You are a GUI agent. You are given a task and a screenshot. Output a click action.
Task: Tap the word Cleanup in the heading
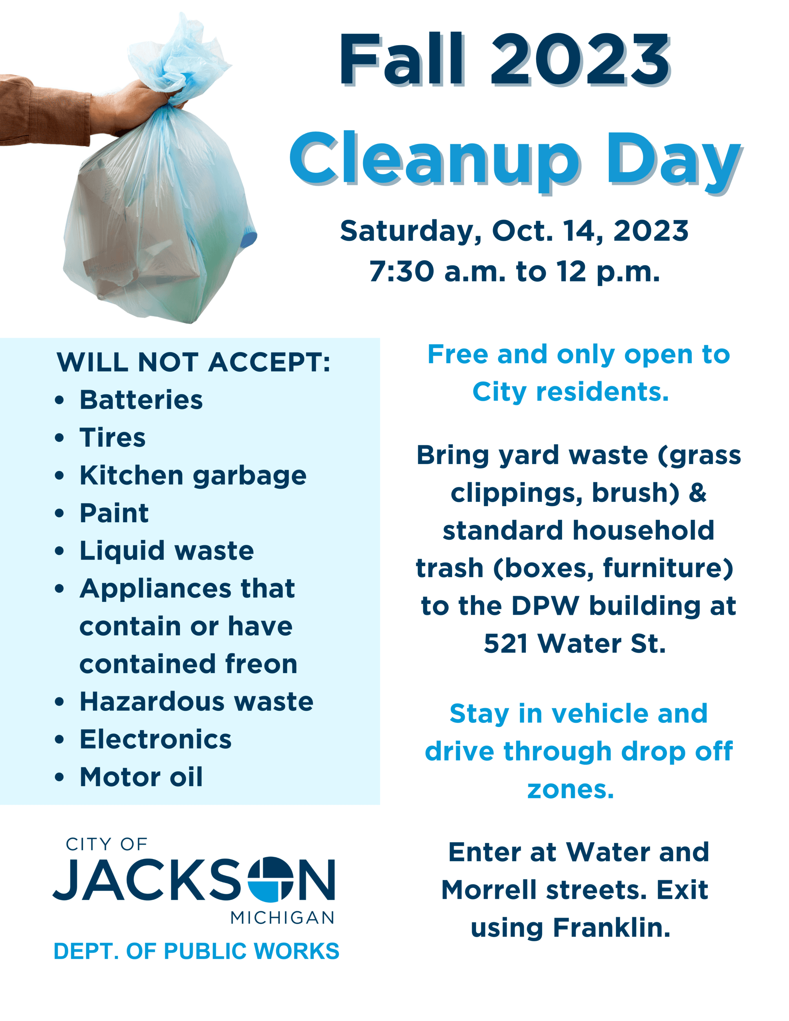[434, 159]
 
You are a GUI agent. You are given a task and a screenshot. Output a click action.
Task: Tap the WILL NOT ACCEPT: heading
[194, 362]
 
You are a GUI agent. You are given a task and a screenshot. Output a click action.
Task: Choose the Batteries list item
[141, 400]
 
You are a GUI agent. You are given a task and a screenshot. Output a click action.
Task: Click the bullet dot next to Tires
[59, 438]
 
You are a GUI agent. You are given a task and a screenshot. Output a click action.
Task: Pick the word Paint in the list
[114, 513]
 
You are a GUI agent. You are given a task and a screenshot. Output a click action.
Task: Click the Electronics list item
[156, 739]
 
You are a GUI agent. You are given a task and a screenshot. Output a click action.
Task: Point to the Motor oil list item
[141, 777]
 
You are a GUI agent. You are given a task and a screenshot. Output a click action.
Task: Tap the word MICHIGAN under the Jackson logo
[282, 918]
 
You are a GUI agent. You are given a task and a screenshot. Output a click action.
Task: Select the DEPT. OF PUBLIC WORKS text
[196, 951]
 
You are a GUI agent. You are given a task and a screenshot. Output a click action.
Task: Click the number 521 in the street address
[506, 644]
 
